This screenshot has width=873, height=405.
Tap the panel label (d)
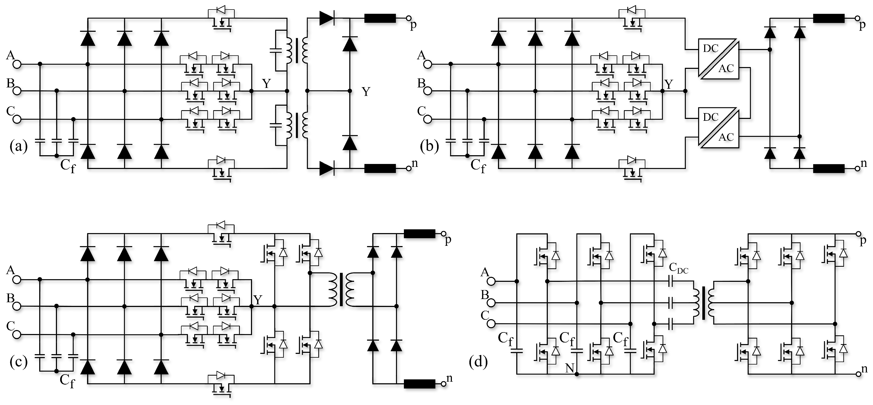click(x=478, y=362)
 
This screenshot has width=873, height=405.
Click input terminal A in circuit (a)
click(x=17, y=64)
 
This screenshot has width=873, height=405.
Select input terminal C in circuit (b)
click(x=428, y=119)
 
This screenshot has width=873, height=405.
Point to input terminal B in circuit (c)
click(x=17, y=306)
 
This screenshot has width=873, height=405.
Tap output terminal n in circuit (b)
click(x=857, y=168)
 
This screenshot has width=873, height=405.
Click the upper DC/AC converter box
click(x=718, y=59)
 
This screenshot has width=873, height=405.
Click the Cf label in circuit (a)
click(x=68, y=166)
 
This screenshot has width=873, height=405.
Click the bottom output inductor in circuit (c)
click(x=419, y=384)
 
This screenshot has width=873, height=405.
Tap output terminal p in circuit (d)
click(x=858, y=234)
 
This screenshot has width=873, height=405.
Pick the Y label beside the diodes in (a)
click(x=366, y=91)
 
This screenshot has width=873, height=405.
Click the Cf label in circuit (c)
click(x=67, y=381)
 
